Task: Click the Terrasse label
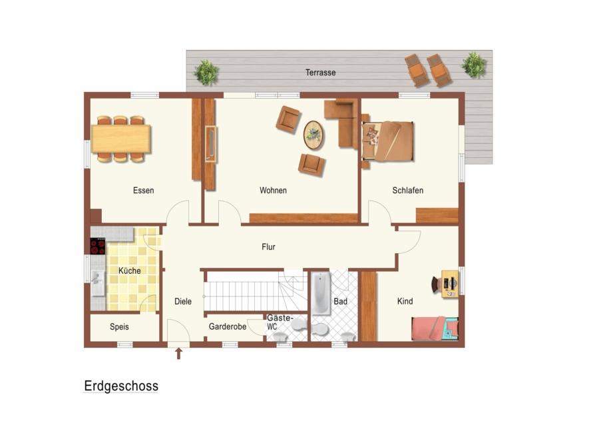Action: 321,72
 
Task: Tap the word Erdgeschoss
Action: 121,386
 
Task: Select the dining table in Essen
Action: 120,139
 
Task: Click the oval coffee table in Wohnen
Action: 313,135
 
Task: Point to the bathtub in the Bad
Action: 321,293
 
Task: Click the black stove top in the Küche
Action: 98,246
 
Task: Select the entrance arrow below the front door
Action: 178,354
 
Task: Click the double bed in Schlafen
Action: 388,141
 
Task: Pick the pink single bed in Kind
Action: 435,328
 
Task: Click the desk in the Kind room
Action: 450,284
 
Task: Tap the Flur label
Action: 269,247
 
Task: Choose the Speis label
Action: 119,327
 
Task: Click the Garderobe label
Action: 228,327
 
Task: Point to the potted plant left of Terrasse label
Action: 206,72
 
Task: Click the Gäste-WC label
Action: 280,322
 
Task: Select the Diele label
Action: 183,301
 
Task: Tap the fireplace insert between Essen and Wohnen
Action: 210,144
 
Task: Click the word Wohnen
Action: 273,191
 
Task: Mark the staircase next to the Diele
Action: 255,291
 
